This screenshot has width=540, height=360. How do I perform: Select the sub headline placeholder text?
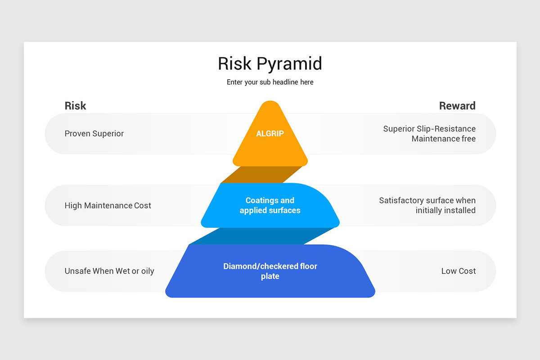(x=270, y=82)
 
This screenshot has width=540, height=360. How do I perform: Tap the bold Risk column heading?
(x=75, y=106)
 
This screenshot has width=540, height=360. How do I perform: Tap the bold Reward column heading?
(x=457, y=106)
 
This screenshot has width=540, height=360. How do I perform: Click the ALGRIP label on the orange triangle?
(x=270, y=134)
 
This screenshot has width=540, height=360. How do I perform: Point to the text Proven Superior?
(x=94, y=134)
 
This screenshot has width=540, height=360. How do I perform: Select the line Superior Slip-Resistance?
(x=429, y=129)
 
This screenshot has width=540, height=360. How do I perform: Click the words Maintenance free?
(x=443, y=139)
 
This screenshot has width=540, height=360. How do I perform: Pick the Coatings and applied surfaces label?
(x=270, y=205)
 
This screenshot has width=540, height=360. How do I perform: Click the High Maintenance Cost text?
(x=108, y=206)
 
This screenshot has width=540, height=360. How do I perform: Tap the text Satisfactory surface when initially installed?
(x=427, y=205)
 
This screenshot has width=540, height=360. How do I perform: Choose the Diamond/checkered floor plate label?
(x=270, y=271)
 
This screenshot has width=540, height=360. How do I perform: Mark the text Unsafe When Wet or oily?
(x=109, y=271)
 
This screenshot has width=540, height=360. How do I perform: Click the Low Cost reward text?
(x=459, y=271)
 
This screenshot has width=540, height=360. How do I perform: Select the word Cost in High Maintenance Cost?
(x=143, y=206)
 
